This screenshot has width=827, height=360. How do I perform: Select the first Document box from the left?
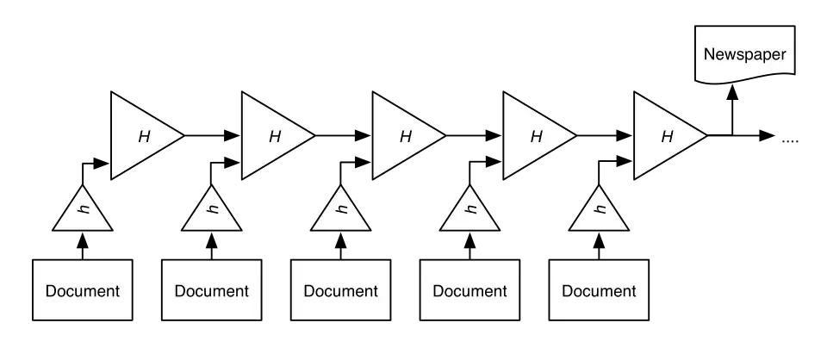coord(83,290)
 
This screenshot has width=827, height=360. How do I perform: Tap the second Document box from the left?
coord(212,290)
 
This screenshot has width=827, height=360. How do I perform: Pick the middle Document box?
coord(341,290)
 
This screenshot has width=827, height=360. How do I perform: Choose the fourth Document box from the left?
coord(470,290)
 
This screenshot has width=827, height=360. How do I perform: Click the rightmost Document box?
coord(600,290)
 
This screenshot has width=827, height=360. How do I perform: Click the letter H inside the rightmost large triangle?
coord(667,136)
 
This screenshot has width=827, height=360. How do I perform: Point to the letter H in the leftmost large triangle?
coord(144,136)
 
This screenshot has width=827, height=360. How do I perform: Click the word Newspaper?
coord(745,54)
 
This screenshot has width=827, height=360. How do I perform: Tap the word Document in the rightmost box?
coord(600,291)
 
